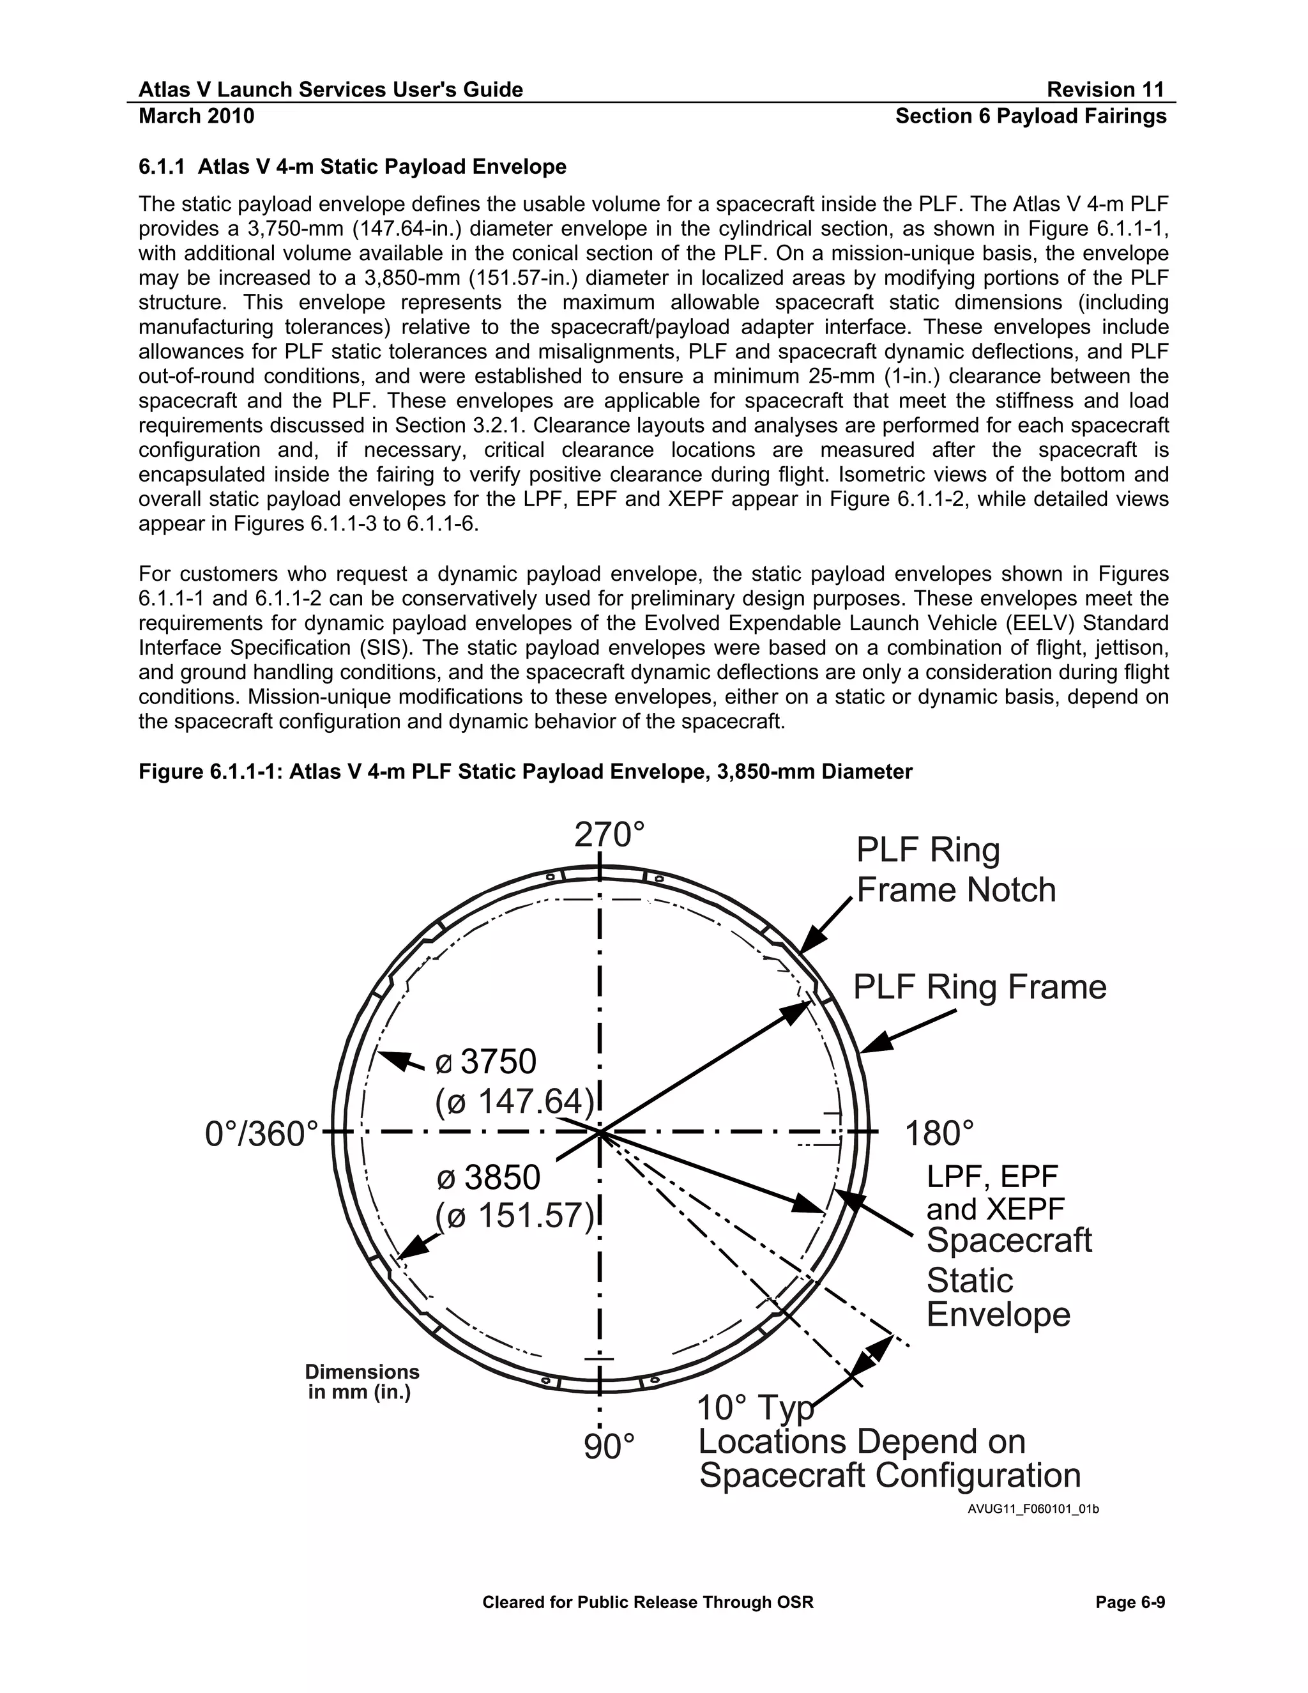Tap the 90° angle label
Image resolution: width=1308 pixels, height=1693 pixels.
coord(609,1446)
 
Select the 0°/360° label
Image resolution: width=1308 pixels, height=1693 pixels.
coord(262,1134)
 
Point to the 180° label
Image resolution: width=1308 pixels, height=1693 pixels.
coord(938,1134)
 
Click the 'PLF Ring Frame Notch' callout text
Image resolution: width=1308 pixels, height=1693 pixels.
coord(955,869)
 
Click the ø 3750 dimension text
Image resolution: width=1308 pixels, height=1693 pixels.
coord(487,1062)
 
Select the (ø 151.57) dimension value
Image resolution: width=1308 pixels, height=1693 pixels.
coord(515,1216)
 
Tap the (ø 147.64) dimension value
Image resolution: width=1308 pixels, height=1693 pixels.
coord(515,1101)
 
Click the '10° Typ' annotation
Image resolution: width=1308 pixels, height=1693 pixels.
coord(755,1407)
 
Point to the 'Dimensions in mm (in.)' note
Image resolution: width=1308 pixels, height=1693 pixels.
coord(362,1382)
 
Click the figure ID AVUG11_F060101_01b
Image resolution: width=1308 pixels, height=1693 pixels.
coord(1033,1509)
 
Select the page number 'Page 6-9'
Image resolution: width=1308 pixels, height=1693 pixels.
coord(1130,1602)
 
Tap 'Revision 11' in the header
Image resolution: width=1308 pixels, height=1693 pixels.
coord(1105,90)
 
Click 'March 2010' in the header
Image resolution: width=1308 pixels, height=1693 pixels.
coord(196,116)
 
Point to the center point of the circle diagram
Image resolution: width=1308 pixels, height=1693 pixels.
coord(600,1133)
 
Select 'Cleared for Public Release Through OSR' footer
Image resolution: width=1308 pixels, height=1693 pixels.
coord(648,1602)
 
